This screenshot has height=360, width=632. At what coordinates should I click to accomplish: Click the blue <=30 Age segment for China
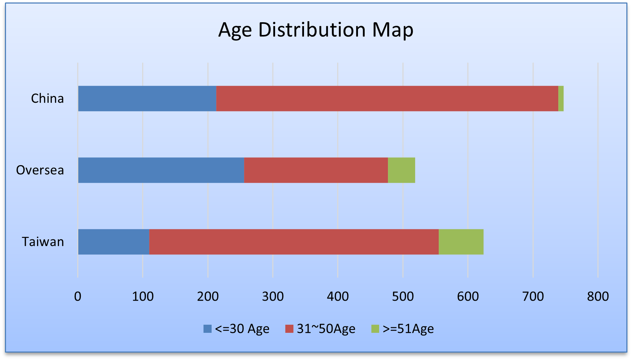point(147,98)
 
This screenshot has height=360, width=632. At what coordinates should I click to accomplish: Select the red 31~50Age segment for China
point(387,98)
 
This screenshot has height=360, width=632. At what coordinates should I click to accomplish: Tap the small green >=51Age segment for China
point(561,98)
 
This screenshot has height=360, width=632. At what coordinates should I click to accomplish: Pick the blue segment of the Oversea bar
point(161,170)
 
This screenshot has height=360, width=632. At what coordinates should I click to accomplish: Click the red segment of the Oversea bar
point(316,170)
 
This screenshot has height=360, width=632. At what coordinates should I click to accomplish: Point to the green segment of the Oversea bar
point(401,170)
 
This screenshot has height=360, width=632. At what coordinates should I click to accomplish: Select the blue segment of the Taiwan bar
point(114,242)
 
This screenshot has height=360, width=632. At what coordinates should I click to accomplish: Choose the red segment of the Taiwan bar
point(294,242)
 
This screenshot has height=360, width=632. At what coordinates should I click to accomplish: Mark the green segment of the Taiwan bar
point(461,242)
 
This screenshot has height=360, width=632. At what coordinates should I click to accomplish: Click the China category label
point(48,98)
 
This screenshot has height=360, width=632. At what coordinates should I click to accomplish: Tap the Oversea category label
point(40,170)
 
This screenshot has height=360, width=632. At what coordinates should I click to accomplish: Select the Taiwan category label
point(43,242)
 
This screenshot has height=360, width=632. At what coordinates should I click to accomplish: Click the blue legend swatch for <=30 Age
point(208,329)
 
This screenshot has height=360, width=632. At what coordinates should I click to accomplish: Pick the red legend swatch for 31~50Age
point(289,329)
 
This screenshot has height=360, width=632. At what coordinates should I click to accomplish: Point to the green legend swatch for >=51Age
point(375,329)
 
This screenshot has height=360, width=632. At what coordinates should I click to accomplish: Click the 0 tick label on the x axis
point(78,296)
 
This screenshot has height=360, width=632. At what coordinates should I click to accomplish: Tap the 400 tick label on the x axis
point(338,296)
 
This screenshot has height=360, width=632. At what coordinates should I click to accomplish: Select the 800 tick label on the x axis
point(598,296)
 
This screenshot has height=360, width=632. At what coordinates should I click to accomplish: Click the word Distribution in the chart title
point(312,30)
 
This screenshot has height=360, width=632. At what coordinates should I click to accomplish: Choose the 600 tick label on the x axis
point(468,296)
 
